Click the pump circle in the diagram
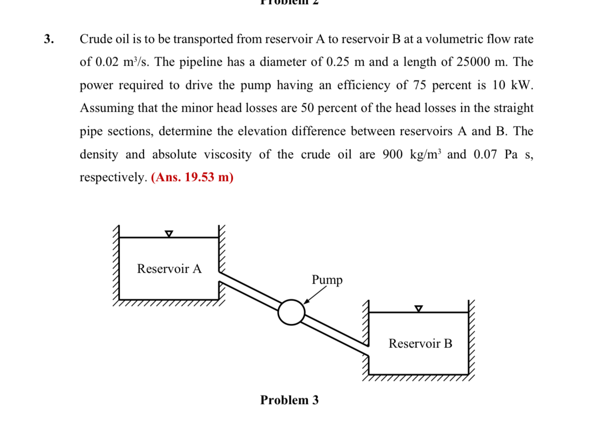(x=291, y=312)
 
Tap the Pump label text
(x=327, y=280)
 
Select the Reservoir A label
(x=169, y=269)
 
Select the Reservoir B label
(x=420, y=343)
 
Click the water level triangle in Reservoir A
(x=169, y=233)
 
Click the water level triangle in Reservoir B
(x=419, y=309)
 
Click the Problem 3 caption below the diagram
(x=289, y=400)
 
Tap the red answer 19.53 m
(x=192, y=177)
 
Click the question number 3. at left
(x=49, y=39)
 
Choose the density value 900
(x=392, y=155)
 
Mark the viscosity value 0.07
(x=485, y=155)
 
